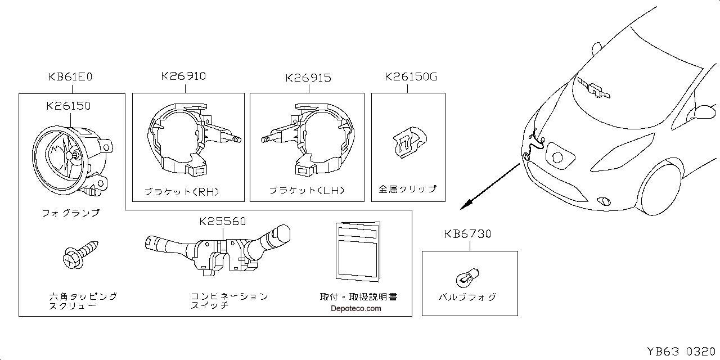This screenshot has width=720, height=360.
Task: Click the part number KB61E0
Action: [x=70, y=77]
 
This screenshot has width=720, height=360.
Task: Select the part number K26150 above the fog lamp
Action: [x=70, y=105]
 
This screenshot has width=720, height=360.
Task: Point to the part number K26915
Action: [x=308, y=78]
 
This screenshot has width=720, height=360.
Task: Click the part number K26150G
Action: [x=411, y=76]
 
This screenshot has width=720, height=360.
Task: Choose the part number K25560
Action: [x=223, y=221]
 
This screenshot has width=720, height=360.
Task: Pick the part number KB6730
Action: [x=467, y=233]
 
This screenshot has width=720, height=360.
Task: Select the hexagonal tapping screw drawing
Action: [x=80, y=254]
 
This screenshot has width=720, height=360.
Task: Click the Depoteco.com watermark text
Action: [x=355, y=308]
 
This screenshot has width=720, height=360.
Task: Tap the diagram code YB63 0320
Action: [x=680, y=352]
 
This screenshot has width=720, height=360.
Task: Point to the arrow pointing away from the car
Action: [x=489, y=186]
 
